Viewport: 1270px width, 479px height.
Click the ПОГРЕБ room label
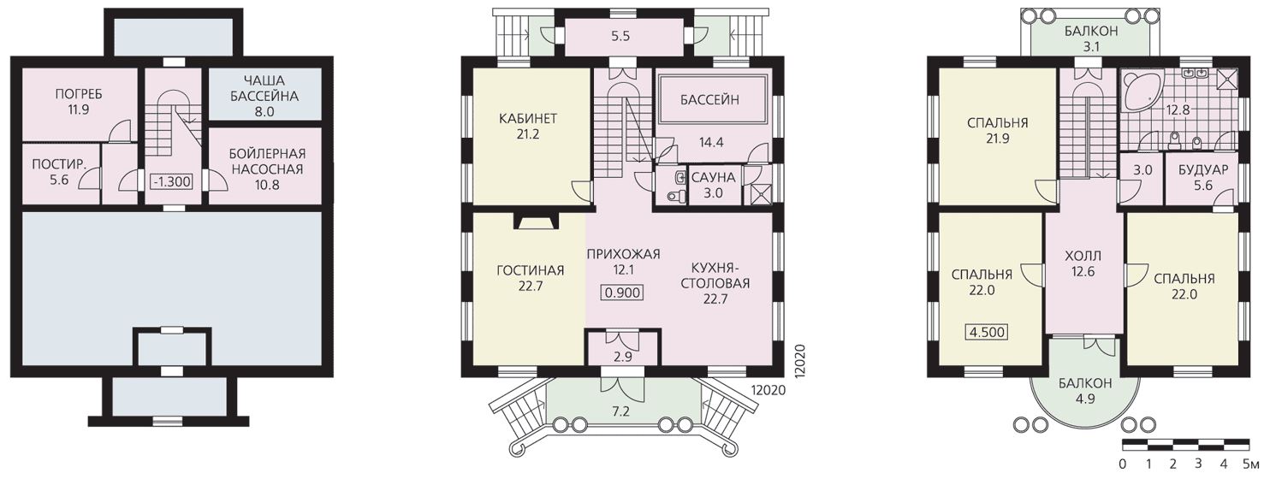coord(79,94)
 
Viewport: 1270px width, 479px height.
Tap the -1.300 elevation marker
coord(171,182)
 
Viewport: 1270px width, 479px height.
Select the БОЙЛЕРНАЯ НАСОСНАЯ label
coord(267,162)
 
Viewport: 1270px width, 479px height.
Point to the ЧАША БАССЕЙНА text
coord(264,88)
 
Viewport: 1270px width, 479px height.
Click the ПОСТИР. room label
coord(59,165)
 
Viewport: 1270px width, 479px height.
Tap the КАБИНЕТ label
coord(528,119)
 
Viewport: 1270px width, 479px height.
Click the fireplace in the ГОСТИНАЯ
coord(537,221)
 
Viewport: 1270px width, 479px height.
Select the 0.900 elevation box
coord(622,293)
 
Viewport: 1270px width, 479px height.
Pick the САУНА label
coord(713,177)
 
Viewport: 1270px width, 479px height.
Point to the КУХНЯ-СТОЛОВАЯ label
coord(715,275)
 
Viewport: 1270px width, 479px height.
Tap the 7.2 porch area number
coord(620,411)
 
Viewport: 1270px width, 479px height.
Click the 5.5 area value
coord(620,36)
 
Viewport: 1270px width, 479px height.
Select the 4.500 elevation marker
coord(987,332)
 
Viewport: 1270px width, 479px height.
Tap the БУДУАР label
coord(1202,169)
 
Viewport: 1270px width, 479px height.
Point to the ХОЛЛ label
coord(1083,256)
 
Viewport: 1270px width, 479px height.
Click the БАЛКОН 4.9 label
coord(1085,391)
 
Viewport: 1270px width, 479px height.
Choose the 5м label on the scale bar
coord(1250,464)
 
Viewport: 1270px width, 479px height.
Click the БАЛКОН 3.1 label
coord(1091,38)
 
